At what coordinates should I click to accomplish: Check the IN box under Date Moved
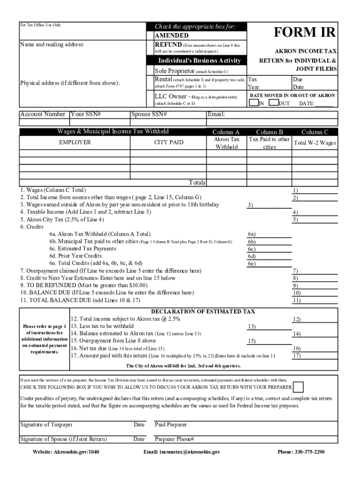tap(254, 102)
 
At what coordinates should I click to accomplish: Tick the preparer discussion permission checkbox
tap(298, 387)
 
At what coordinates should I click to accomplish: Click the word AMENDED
tap(172, 36)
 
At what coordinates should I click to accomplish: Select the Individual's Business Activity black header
tap(199, 61)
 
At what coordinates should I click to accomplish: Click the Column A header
tap(226, 132)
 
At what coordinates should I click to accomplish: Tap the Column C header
tap(314, 132)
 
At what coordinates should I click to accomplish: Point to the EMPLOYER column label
tap(74, 142)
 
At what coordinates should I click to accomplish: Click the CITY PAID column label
tap(169, 142)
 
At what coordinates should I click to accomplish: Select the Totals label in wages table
tap(197, 182)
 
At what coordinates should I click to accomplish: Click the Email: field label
tap(216, 114)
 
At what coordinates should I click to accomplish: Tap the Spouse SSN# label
tap(149, 114)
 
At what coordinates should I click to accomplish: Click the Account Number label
tap(43, 114)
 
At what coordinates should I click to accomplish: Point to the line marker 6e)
tap(252, 264)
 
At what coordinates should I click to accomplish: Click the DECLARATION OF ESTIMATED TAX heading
tap(203, 312)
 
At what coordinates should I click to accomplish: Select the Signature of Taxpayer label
tap(46, 425)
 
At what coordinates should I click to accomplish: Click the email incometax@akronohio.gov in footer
tap(182, 452)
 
